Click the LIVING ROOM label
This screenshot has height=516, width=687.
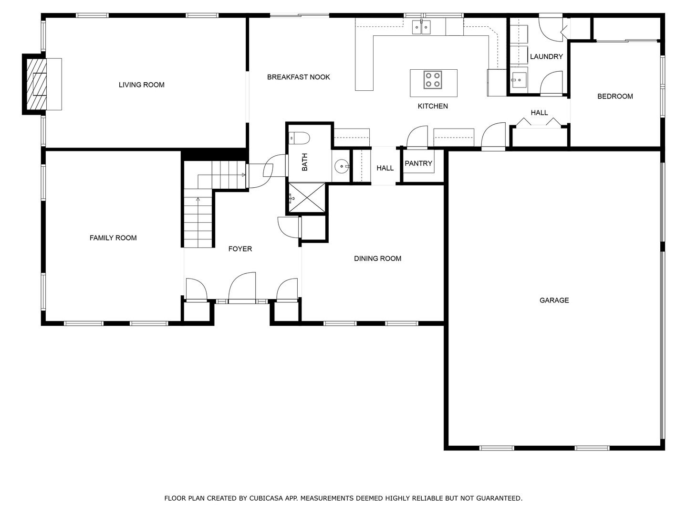(142, 85)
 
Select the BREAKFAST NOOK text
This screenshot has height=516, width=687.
(298, 77)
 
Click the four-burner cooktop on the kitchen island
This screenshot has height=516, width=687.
(433, 80)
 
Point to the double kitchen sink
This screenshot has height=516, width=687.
(421, 27)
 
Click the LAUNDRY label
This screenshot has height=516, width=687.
(546, 57)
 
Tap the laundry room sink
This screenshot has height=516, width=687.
(518, 80)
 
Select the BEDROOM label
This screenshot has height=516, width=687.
(615, 97)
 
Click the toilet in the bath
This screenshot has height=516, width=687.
(299, 138)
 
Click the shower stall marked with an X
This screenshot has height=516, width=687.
(307, 198)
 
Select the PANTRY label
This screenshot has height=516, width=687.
(418, 163)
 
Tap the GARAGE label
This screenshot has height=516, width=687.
(554, 300)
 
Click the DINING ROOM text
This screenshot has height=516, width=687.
(377, 258)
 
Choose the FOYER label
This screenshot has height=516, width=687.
(240, 249)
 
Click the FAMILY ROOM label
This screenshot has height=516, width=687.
(113, 238)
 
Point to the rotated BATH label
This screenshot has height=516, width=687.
(304, 162)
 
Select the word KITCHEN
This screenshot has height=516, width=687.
(433, 106)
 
